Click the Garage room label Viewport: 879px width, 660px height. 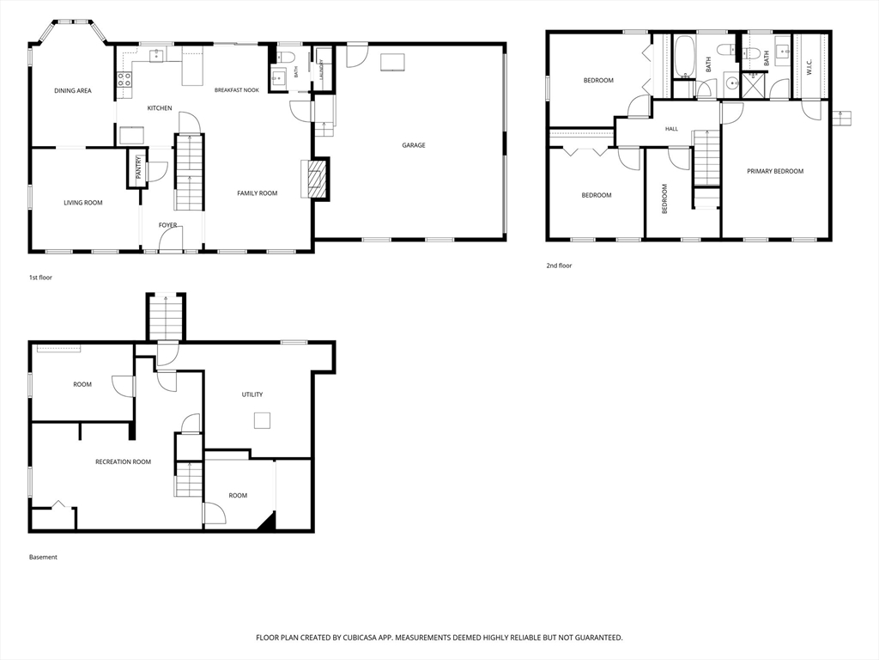pos(414,145)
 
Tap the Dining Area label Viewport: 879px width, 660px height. pos(73,91)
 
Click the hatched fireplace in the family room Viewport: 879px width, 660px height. pos(316,179)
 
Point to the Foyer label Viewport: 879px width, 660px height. pos(167,225)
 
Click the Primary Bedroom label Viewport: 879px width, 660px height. pos(775,171)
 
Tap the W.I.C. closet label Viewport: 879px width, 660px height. pos(809,68)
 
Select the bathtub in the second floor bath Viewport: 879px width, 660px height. pos(683,57)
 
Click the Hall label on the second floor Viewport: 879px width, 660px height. pos(671,129)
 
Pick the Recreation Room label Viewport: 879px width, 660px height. pos(124,461)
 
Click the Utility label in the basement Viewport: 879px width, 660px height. pos(252,394)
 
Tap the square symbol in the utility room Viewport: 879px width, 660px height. pos(263,420)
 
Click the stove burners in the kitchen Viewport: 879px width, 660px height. pos(124,79)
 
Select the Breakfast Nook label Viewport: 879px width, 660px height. pos(237,89)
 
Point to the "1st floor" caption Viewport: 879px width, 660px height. pos(40,278)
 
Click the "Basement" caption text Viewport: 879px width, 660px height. pos(43,557)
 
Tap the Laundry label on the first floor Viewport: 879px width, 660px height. pos(322,70)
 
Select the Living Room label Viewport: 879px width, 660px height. pos(83,203)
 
